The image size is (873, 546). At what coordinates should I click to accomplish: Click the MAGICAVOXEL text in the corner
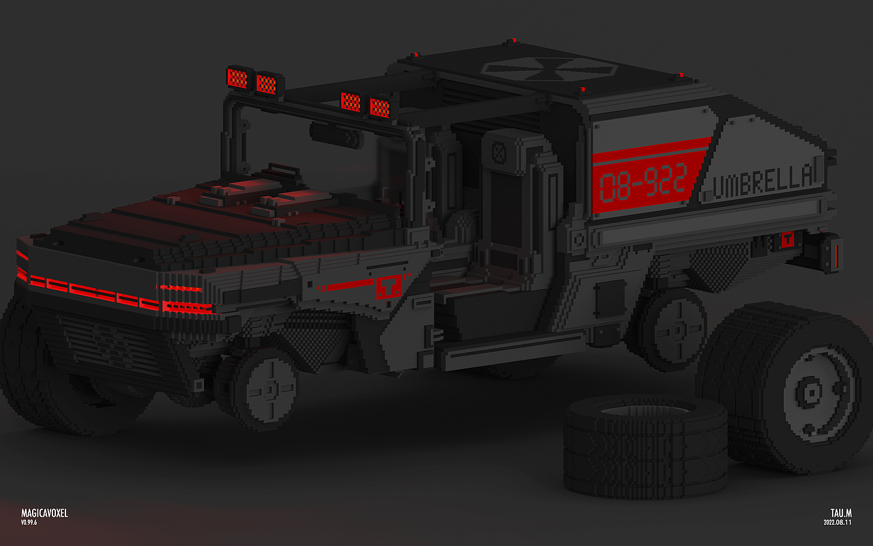pos(44,513)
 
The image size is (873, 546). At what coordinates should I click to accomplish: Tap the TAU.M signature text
pos(841,513)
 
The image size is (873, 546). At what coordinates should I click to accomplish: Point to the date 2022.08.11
pos(838,523)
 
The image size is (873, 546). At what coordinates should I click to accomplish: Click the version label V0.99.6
pos(29,523)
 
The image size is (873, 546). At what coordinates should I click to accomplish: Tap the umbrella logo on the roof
pos(548,69)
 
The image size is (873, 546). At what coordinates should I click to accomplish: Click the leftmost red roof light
pos(237,78)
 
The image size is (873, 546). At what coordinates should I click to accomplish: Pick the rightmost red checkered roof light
pos(380,107)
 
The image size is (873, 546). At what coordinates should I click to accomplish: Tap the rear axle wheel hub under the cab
pos(677,330)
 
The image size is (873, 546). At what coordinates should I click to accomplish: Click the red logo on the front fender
pos(388,287)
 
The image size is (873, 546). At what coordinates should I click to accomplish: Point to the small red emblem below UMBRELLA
pos(787,240)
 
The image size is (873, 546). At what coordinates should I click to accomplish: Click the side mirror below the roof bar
pos(335,135)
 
